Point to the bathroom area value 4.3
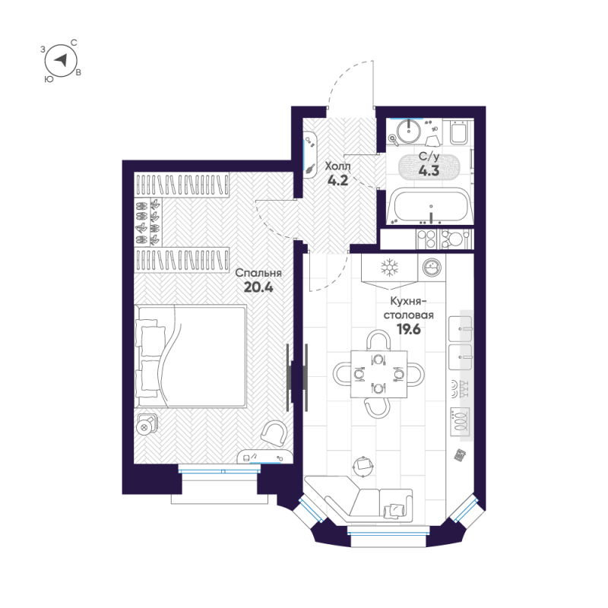(429, 171)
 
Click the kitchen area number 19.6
(408, 329)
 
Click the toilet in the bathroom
(459, 135)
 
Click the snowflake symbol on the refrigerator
(389, 268)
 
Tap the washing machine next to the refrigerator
(432, 268)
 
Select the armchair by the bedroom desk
(273, 433)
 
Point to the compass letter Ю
(49, 78)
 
